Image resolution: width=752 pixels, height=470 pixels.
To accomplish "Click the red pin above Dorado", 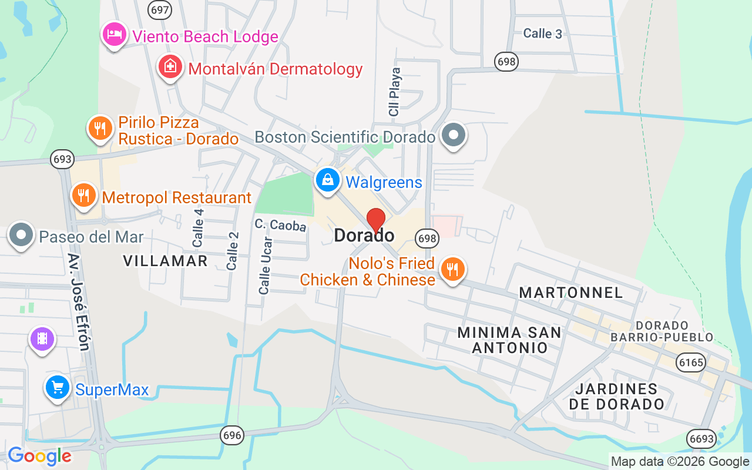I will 376,220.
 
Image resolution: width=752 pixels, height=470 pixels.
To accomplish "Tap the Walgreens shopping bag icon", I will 328,180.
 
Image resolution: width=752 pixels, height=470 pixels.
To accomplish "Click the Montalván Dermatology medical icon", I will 170,67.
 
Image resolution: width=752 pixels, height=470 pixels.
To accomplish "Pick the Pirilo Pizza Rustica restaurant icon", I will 100,128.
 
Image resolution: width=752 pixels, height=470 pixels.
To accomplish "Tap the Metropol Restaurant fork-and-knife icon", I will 84,194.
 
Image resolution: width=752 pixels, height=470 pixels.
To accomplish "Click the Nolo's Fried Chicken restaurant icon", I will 452,269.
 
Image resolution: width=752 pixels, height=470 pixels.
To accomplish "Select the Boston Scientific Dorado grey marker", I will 454,135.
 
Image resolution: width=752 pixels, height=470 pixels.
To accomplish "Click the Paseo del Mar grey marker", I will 22,235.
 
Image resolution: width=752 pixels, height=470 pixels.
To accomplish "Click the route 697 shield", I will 160,10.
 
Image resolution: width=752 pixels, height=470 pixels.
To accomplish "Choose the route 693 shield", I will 62,159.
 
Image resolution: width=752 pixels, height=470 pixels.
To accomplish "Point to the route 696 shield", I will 232,435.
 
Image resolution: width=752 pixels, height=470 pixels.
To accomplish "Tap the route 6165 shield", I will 690,362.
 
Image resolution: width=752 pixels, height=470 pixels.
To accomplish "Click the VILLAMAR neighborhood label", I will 166,261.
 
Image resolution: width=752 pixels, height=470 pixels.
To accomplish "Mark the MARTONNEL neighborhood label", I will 571,293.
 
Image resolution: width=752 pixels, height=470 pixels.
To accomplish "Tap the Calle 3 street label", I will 542,33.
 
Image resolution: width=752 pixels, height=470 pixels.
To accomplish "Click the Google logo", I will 39,456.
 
